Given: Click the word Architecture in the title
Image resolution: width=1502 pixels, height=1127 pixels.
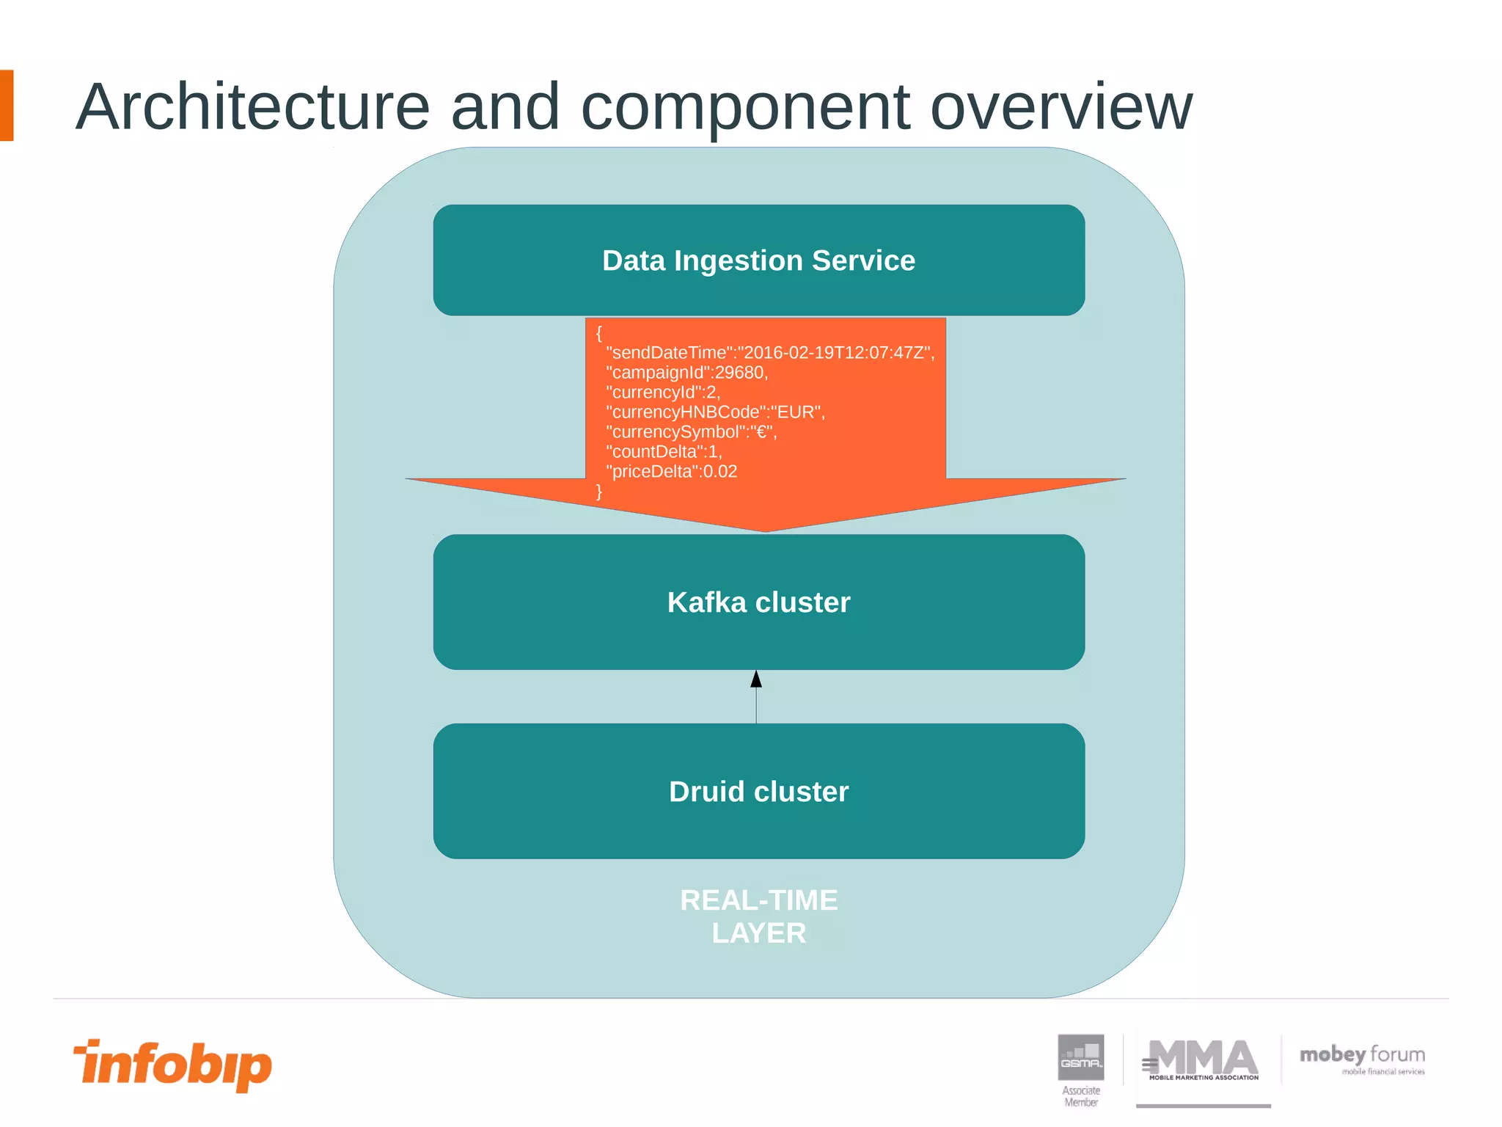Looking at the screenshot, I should (x=252, y=107).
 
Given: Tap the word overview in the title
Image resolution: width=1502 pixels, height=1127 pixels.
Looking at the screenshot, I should (x=1060, y=107).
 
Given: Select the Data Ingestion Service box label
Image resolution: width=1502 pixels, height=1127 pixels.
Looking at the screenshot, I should (x=758, y=260).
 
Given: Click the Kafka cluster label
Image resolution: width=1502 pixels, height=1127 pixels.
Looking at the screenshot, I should (x=758, y=602).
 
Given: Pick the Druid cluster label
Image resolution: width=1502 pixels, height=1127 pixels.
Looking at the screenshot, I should (x=758, y=792).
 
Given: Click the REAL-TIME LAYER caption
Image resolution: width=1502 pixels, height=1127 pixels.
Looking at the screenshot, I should (x=758, y=916).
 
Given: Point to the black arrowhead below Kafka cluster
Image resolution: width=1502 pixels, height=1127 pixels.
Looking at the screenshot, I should (x=756, y=679).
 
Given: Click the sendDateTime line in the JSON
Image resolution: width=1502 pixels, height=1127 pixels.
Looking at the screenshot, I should (x=770, y=353).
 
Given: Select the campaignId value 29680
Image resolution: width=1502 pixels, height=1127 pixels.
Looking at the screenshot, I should (x=740, y=373).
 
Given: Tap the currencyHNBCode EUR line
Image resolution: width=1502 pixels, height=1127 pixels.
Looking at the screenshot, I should (x=715, y=412).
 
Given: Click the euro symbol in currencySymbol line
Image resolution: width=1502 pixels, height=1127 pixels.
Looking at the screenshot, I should (x=761, y=432).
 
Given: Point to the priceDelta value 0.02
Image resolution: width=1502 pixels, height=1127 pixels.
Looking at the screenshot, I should (x=719, y=472).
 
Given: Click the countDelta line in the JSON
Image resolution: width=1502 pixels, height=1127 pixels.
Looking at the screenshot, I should (x=664, y=452).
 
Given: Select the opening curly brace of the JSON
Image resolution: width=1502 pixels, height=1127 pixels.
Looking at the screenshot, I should (x=599, y=333).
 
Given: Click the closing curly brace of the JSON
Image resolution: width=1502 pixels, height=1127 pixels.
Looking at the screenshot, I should (x=599, y=491).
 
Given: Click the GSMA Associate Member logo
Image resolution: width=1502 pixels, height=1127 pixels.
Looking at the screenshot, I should (x=1081, y=1068).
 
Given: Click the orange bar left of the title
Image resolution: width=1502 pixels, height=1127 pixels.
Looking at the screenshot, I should (x=7, y=106).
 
